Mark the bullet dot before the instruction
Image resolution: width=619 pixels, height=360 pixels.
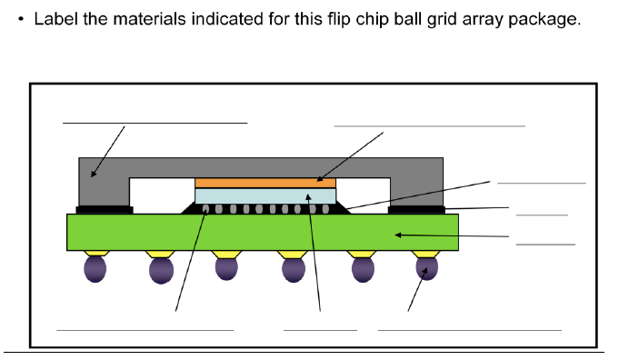(x=21, y=20)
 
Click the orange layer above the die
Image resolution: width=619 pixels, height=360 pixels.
(x=265, y=183)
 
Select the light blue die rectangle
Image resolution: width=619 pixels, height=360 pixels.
(x=265, y=195)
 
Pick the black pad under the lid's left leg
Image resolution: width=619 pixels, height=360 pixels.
(x=105, y=210)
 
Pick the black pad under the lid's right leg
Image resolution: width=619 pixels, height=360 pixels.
(x=415, y=210)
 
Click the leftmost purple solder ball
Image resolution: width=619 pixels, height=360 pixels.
(x=95, y=268)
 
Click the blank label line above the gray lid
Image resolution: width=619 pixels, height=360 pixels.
(x=155, y=122)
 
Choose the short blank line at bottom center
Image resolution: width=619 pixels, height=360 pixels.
(x=320, y=329)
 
